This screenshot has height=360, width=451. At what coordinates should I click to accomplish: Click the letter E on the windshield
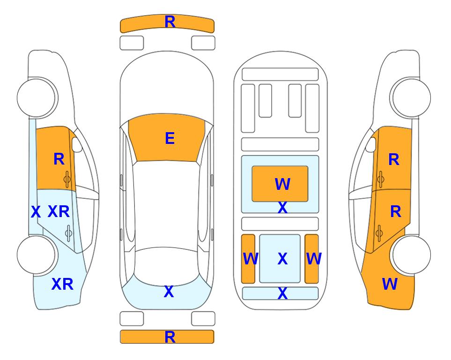[x=170, y=138]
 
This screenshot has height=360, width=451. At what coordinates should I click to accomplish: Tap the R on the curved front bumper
[x=170, y=22]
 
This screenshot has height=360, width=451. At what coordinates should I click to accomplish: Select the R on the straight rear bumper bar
[x=170, y=337]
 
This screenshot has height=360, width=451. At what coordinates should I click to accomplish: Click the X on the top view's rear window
[x=169, y=292]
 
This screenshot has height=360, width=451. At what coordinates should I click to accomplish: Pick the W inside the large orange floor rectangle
[x=282, y=184]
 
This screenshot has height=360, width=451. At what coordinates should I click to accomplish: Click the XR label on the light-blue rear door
[x=59, y=212]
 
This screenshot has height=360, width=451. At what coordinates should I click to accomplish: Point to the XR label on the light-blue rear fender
[x=62, y=284]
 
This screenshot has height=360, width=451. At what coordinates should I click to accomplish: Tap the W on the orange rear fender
[x=390, y=284]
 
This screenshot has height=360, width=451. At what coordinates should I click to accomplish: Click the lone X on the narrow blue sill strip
[x=36, y=212]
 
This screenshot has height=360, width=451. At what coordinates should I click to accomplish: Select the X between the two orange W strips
[x=282, y=259]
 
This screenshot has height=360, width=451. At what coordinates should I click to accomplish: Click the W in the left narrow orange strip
[x=251, y=259]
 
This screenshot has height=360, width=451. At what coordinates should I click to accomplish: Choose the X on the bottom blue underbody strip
[x=282, y=293]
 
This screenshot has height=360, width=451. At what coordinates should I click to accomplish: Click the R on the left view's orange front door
[x=59, y=159]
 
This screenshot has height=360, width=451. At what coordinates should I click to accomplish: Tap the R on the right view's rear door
[x=396, y=212]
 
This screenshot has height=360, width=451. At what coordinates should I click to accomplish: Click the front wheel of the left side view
[x=37, y=98]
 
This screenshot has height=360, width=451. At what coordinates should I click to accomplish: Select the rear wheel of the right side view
[x=411, y=255]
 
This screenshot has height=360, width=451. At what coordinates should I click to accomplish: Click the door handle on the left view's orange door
[x=67, y=179]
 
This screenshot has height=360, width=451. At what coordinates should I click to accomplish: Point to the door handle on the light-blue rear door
[x=69, y=233]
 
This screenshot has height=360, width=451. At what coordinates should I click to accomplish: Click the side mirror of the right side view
[x=371, y=144]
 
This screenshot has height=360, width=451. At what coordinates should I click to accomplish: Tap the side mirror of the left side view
[x=77, y=144]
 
